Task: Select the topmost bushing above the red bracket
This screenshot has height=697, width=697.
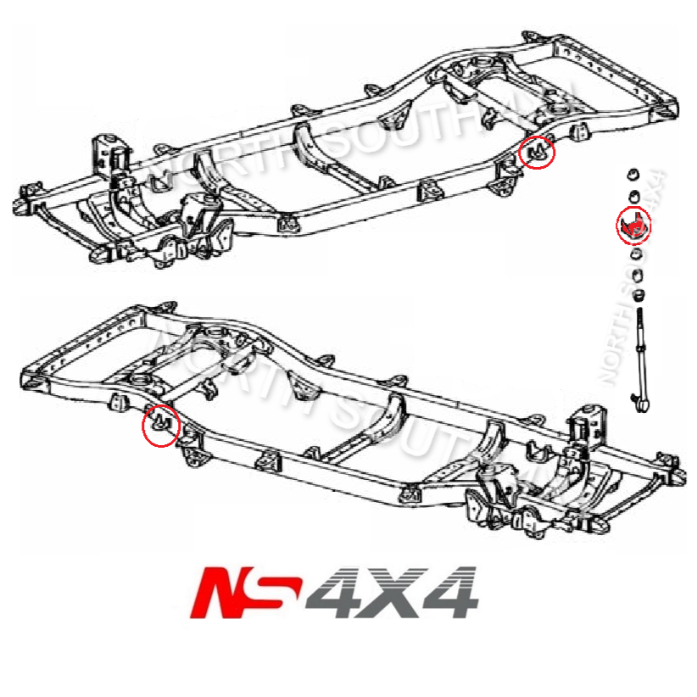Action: [x=632, y=175]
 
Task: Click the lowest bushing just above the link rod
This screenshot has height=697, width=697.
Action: [x=640, y=295]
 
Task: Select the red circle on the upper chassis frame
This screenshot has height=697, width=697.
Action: [x=538, y=153]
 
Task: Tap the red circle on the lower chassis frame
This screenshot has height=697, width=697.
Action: [x=160, y=424]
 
